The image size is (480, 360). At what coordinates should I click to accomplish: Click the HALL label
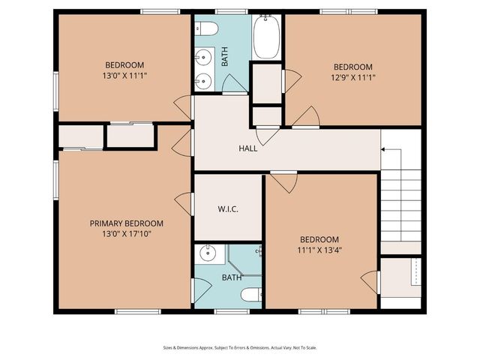pos(247,148)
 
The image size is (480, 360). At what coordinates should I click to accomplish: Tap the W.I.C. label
pos(228,208)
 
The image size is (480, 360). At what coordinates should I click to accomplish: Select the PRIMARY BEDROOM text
pos(126,223)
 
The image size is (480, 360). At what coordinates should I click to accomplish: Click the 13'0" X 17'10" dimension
pos(126,235)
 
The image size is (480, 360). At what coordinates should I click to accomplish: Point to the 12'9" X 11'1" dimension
pos(352,77)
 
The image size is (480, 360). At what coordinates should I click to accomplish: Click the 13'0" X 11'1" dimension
pos(124,76)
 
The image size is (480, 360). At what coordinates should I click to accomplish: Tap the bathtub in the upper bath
pos(266,37)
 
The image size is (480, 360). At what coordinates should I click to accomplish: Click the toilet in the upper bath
pos(208,29)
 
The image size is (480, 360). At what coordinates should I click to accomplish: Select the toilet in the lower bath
pos(251,294)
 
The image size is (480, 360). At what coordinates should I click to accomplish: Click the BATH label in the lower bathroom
pos(232,278)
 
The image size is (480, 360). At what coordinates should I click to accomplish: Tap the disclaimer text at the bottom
pos(240,347)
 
